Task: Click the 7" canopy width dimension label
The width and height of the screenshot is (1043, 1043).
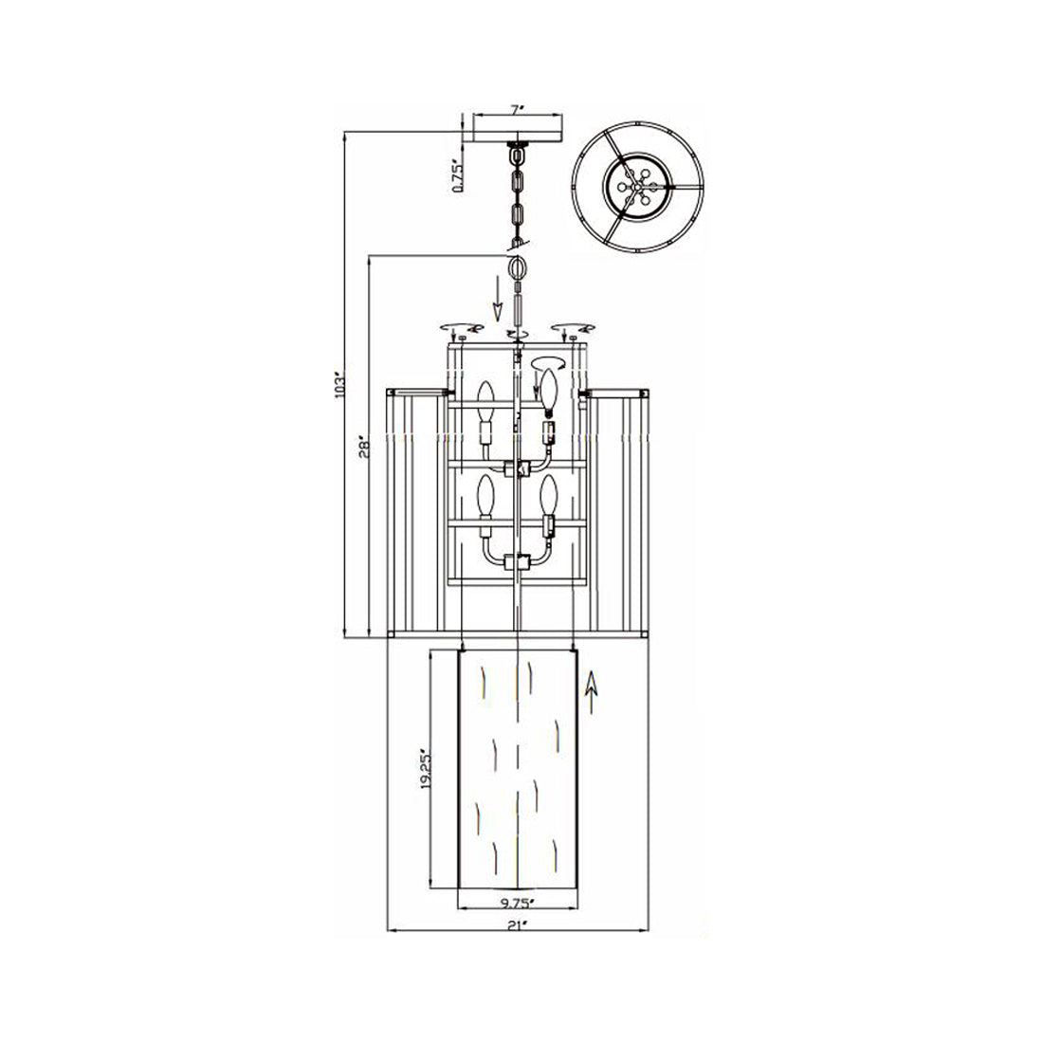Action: point(517,110)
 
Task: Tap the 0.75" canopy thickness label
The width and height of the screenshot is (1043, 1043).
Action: point(457,175)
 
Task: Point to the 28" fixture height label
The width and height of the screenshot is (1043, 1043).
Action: point(363,448)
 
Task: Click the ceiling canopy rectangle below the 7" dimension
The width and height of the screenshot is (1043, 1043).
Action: point(517,129)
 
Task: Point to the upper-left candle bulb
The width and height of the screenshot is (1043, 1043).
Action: point(485,398)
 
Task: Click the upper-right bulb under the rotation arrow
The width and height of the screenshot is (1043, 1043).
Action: point(547,389)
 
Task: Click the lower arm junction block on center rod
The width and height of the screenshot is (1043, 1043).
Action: point(517,561)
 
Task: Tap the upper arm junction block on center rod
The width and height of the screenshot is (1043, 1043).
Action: point(517,468)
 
